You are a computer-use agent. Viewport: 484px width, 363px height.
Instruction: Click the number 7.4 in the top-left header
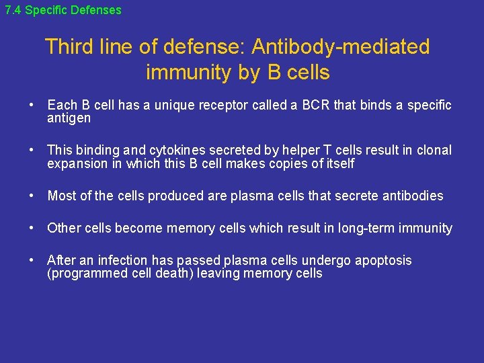pyautogui.click(x=13, y=10)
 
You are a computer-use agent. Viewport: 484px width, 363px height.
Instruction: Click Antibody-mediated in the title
pyautogui.click(x=340, y=47)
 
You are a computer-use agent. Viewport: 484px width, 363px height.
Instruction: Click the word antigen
pyautogui.click(x=69, y=118)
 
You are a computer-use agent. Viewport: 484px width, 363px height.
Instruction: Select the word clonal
pyautogui.click(x=434, y=151)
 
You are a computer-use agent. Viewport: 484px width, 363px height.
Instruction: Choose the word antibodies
pyautogui.click(x=409, y=196)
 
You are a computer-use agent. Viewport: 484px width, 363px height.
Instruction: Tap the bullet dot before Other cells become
pyautogui.click(x=32, y=229)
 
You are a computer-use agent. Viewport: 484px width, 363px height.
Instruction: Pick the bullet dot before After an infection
pyautogui.click(x=32, y=261)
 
